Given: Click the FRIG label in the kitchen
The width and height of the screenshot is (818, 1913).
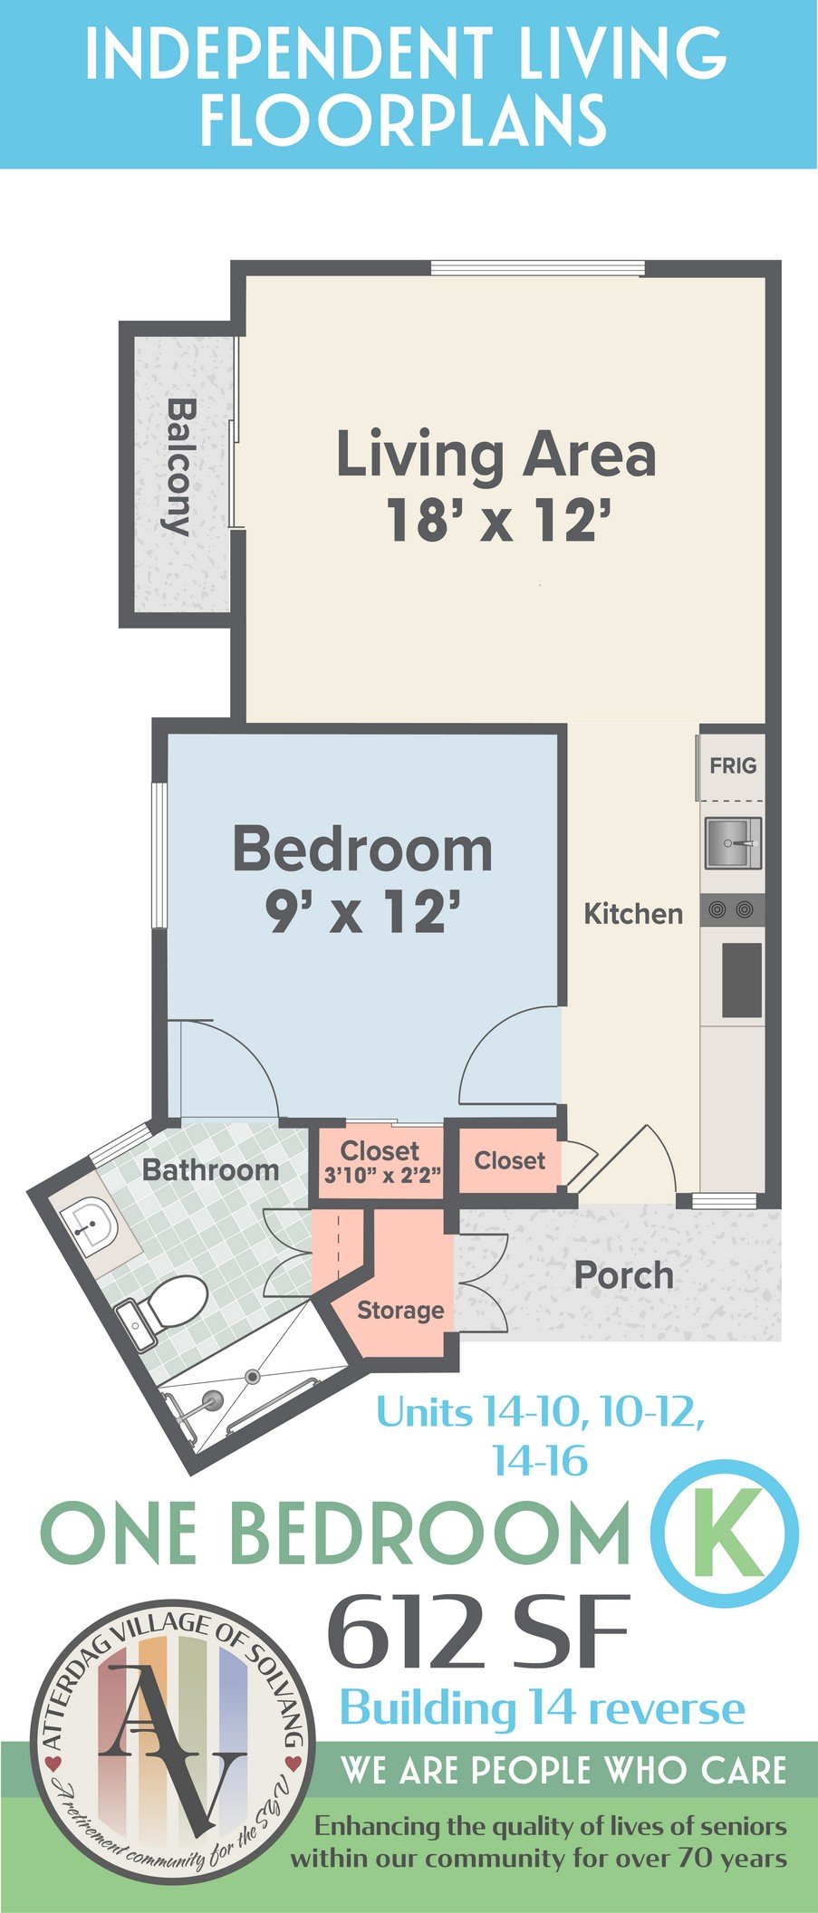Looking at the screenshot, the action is tap(733, 766).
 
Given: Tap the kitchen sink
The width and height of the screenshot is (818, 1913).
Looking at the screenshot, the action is tap(733, 842).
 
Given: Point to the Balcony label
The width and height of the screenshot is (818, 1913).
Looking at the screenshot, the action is tap(178, 466).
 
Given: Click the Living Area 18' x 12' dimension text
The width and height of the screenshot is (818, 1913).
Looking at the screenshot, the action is tap(496, 522).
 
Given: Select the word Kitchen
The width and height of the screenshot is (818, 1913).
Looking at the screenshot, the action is tap(633, 913).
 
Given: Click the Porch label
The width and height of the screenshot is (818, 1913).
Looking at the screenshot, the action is tap(624, 1275).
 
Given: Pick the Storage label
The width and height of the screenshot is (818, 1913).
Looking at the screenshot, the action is tap(400, 1311).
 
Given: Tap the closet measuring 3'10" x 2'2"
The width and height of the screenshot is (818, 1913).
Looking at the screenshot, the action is tap(380, 1162).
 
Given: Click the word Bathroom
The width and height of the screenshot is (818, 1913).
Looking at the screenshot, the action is tap(210, 1170).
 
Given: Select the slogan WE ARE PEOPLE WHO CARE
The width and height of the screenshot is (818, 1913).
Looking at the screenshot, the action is tap(564, 1770).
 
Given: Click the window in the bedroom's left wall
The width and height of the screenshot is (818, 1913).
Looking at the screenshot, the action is tap(159, 855).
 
